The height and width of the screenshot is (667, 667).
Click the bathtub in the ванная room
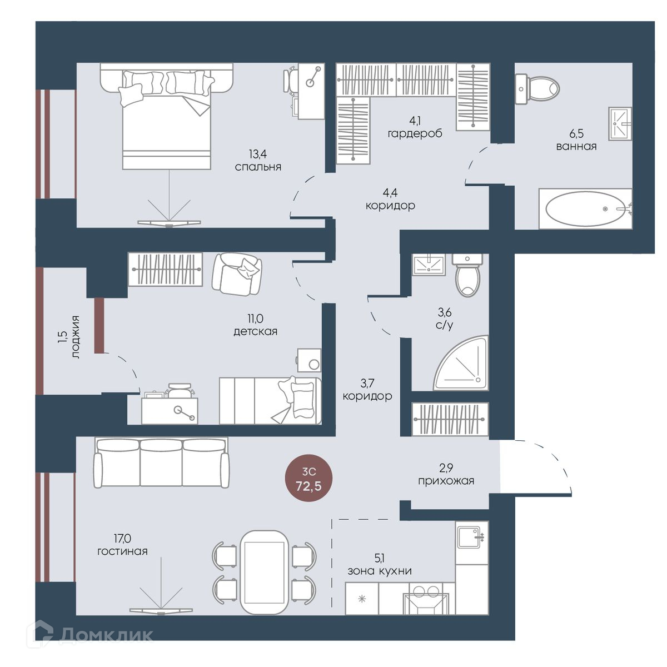pyautogui.click(x=585, y=208)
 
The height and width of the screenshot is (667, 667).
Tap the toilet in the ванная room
pyautogui.click(x=537, y=89)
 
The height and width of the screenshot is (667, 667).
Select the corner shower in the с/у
pyautogui.click(x=461, y=362)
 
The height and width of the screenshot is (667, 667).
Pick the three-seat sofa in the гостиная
pyautogui.click(x=161, y=462)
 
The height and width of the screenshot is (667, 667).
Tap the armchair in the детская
pyautogui.click(x=237, y=274)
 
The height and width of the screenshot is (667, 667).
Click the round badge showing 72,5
pyautogui.click(x=308, y=478)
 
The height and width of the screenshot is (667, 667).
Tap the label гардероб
pyautogui.click(x=415, y=133)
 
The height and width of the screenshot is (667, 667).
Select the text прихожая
pyautogui.click(x=446, y=481)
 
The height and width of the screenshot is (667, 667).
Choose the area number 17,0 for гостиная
pyautogui.click(x=122, y=538)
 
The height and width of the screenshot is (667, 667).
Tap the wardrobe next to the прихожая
pyautogui.click(x=450, y=419)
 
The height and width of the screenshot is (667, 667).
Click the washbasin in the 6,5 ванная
pyautogui.click(x=620, y=123)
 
